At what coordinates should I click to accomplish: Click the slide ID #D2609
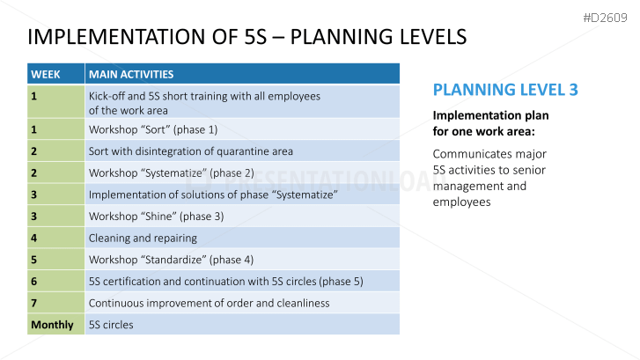(x=605, y=18)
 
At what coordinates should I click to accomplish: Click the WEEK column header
(x=56, y=74)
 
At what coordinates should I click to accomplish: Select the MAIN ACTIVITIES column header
(x=242, y=74)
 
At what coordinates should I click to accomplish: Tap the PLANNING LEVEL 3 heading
(x=505, y=90)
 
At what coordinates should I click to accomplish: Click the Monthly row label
(x=52, y=325)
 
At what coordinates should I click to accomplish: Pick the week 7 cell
(x=56, y=303)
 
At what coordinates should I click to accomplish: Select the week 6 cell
(x=56, y=282)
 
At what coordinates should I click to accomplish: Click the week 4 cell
(x=56, y=238)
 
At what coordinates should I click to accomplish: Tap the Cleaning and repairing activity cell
(x=242, y=238)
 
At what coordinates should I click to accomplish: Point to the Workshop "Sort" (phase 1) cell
(x=242, y=129)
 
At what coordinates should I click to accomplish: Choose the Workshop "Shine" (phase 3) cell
(x=242, y=217)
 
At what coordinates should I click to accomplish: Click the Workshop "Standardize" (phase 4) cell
(x=242, y=260)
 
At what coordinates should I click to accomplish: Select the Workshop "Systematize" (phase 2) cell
(x=242, y=173)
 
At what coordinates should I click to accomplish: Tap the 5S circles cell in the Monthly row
(x=242, y=325)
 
